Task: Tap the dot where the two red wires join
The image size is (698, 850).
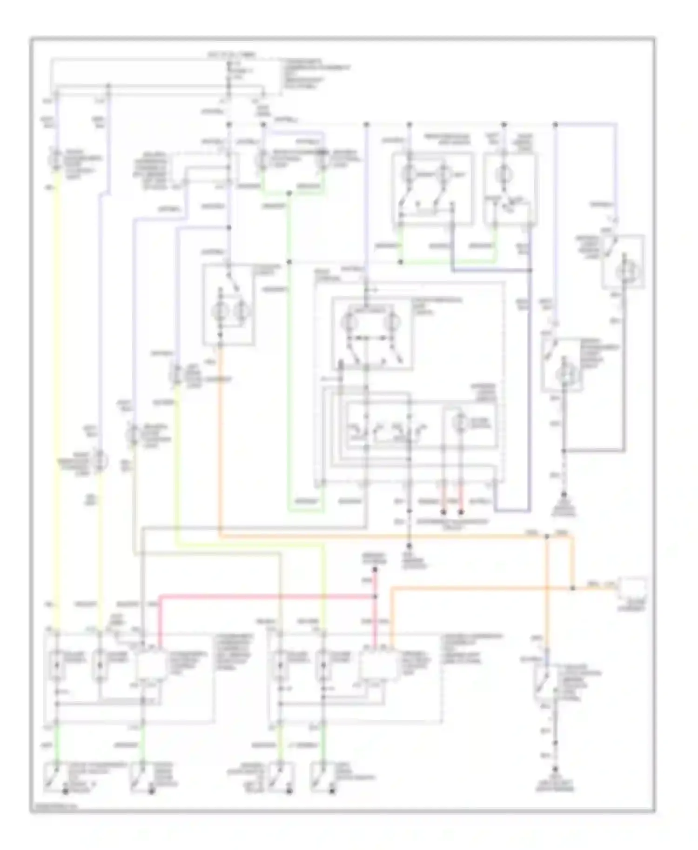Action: [375, 596]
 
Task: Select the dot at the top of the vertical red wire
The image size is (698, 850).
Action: [375, 569]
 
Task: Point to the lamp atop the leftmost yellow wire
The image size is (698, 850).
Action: [56, 159]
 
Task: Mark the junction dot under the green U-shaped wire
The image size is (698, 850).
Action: [289, 192]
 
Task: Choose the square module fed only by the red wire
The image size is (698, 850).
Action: [151, 665]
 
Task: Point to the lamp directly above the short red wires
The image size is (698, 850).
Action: [461, 423]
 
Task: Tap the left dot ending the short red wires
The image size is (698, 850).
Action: [443, 512]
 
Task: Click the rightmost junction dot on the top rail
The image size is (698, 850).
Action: [555, 125]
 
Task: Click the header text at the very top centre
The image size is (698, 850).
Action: [231, 55]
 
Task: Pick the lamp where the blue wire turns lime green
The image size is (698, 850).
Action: [177, 375]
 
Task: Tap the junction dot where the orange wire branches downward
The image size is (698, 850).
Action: [547, 537]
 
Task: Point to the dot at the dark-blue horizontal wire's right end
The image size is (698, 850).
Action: [530, 270]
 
